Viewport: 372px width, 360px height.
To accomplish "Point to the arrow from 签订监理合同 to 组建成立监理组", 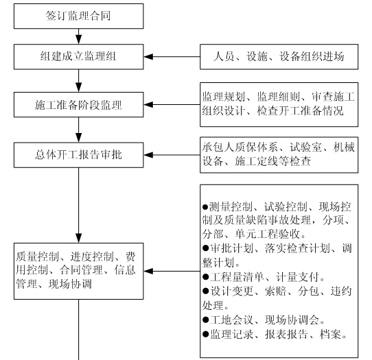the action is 78,36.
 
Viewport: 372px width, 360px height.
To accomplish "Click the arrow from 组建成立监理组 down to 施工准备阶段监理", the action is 78,81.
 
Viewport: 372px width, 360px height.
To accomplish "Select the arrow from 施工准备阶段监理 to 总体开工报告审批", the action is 78,130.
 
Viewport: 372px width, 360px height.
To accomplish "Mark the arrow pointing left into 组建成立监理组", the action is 172,57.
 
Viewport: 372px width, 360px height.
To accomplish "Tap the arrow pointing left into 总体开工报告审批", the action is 172,155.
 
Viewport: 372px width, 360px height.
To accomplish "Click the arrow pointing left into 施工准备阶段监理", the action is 172,104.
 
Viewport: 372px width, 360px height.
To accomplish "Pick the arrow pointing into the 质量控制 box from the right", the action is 172,271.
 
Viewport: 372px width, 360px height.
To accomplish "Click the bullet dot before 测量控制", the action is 205,207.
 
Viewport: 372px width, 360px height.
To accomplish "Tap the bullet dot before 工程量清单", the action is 206,277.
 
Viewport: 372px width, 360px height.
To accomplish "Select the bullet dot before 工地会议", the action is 206,320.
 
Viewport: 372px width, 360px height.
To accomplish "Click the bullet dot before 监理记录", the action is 206,334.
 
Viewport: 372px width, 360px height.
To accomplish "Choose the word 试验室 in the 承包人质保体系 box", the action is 305,147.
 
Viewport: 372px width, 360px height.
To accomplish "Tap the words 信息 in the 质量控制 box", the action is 125,270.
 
